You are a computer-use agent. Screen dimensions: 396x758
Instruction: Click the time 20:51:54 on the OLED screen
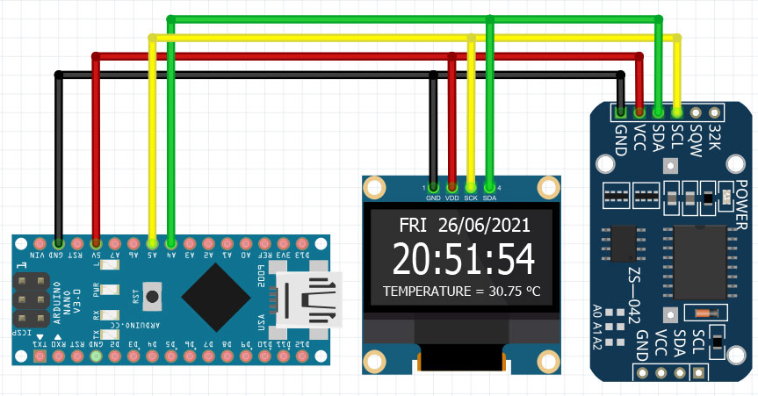463,260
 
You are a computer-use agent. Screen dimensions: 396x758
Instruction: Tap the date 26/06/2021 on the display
484,225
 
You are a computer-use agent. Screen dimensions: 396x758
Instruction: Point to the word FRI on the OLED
412,225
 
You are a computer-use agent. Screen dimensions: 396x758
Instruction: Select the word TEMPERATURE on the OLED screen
428,290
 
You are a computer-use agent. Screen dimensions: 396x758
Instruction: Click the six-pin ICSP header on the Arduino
31,299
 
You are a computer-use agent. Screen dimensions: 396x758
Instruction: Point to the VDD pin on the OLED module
452,187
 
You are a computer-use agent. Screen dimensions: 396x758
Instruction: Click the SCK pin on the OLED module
471,187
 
